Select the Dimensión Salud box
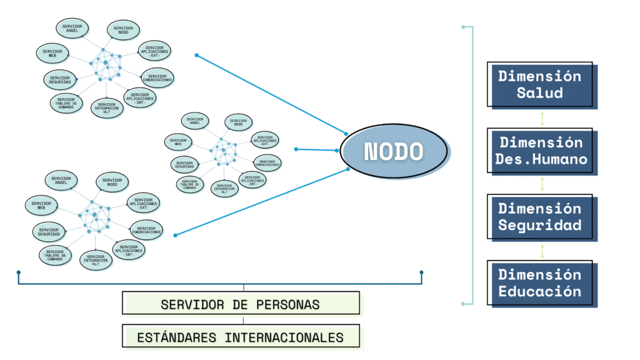point(541,84)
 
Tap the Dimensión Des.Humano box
point(541,151)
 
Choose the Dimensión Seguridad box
point(541,217)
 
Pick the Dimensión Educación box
point(541,283)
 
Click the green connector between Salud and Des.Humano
point(542,118)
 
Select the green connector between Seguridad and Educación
point(542,250)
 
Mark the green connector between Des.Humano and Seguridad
point(542,184)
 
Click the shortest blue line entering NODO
point(317,150)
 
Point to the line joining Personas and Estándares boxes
point(243,319)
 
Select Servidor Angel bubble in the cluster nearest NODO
point(194,120)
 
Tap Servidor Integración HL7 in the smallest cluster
point(224,187)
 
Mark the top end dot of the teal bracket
point(462,27)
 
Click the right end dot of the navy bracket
point(422,272)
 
